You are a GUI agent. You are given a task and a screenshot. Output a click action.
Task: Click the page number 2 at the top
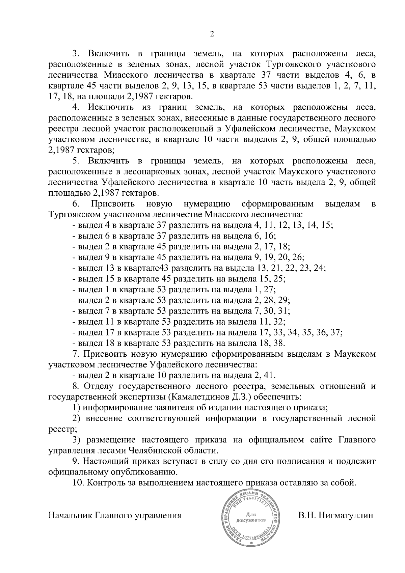(212, 34)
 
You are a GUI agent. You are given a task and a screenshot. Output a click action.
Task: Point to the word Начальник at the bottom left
(70, 516)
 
